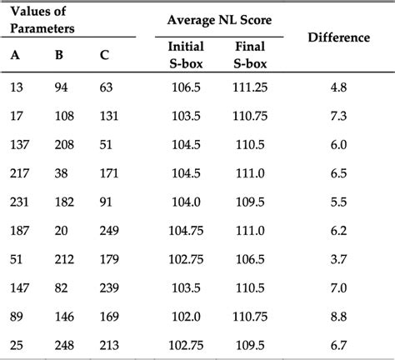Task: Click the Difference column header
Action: click(x=338, y=38)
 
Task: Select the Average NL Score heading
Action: click(x=219, y=18)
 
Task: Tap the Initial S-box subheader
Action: click(x=185, y=54)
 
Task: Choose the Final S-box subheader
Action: click(x=245, y=54)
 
